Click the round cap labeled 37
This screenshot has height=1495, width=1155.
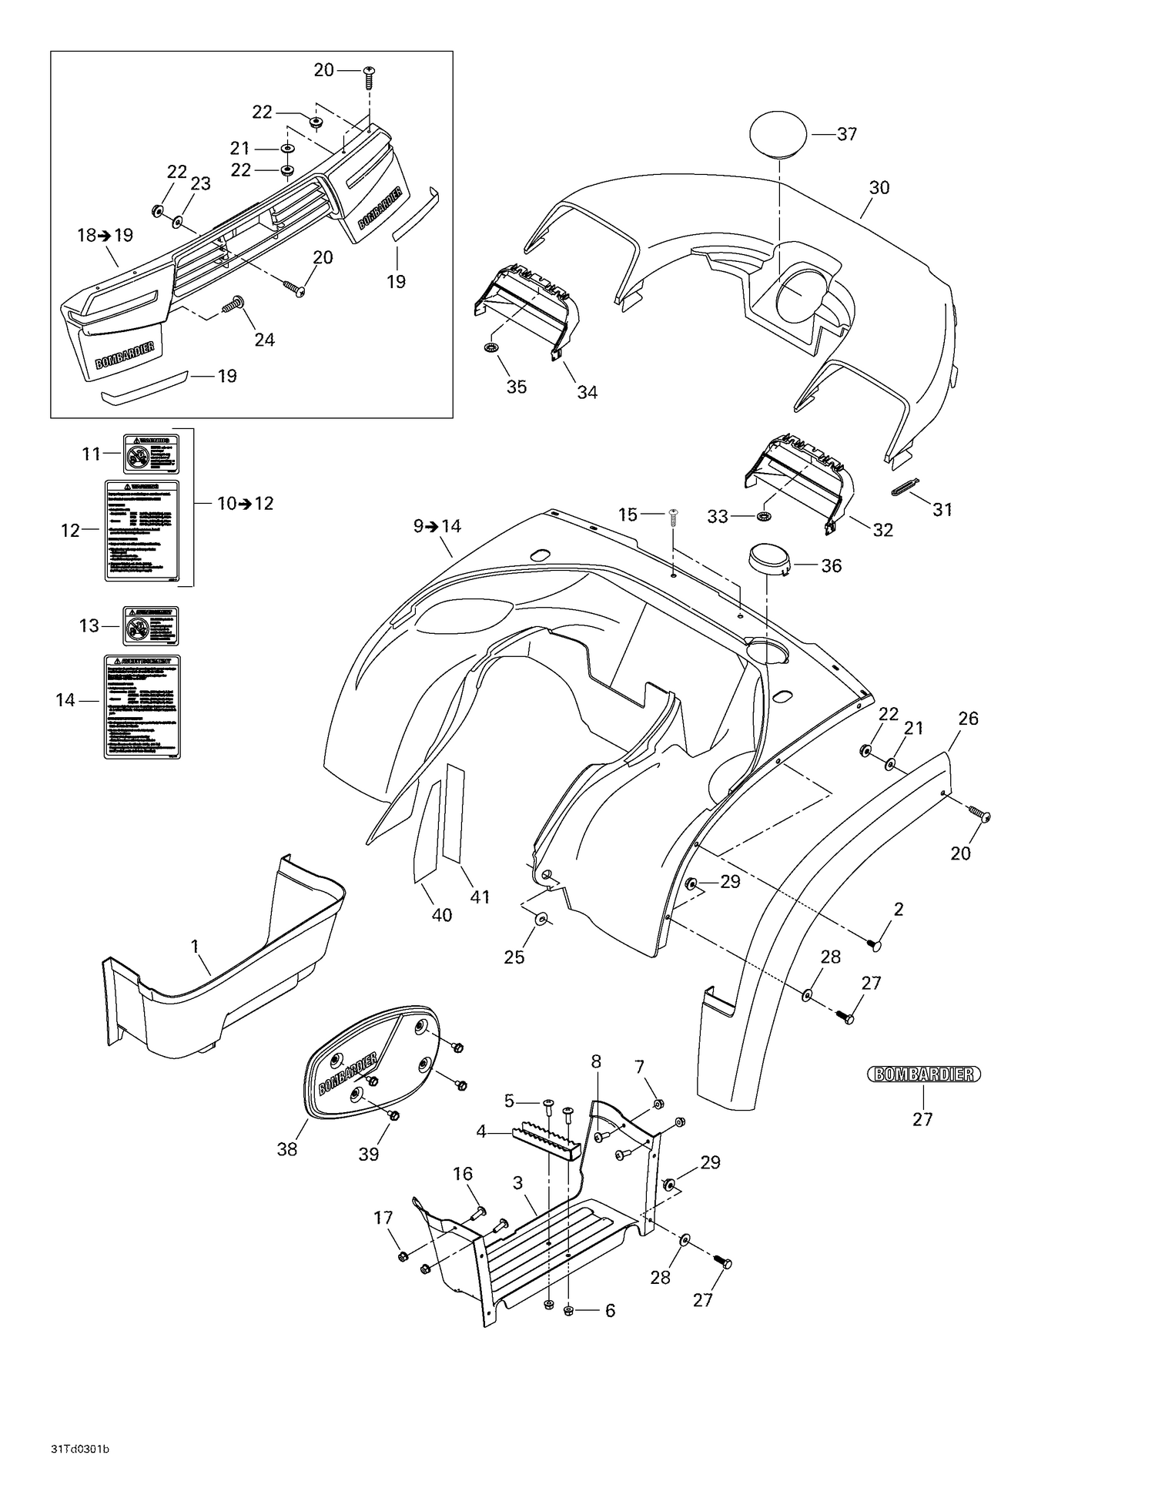(778, 134)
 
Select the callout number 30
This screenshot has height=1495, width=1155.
(879, 188)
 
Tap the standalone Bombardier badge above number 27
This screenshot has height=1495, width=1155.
(923, 1074)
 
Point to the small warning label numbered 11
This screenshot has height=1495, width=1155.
(152, 454)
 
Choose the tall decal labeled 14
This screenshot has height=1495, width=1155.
(142, 706)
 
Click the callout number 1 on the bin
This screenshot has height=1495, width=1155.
(194, 946)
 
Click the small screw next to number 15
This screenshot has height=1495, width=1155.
(673, 515)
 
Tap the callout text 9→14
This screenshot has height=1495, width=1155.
(437, 526)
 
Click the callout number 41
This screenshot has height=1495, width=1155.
(480, 897)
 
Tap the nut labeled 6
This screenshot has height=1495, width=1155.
(568, 1311)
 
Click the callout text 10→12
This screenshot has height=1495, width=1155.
(245, 504)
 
